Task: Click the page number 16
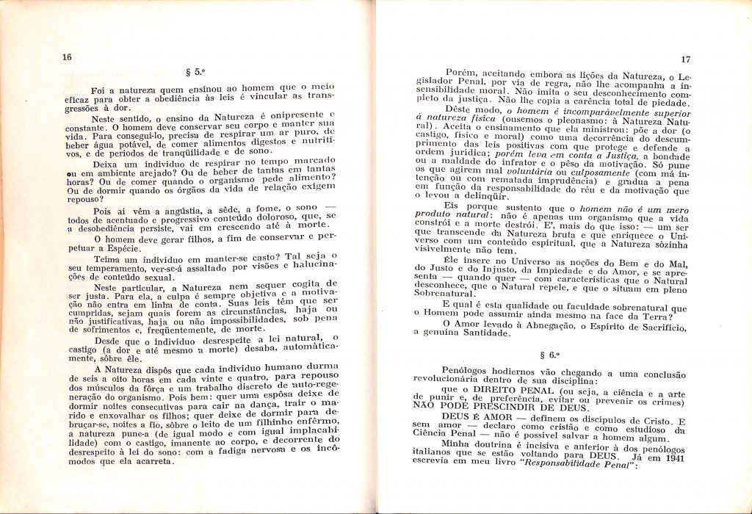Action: point(67,57)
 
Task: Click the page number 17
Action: point(687,59)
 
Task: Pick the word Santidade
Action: point(481,333)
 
